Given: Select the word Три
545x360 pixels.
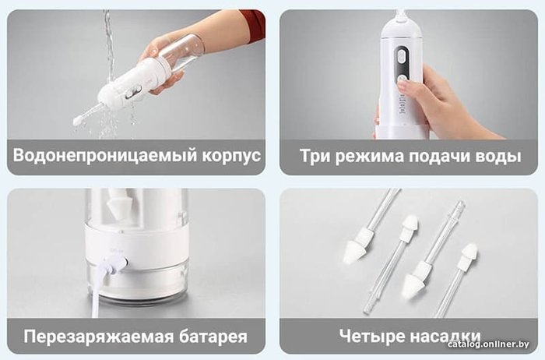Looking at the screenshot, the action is point(315,156).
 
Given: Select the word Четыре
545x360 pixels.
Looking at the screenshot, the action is point(372,337).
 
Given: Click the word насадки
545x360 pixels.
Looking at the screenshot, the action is point(446,336).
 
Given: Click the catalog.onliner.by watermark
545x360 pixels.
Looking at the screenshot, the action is point(488,344).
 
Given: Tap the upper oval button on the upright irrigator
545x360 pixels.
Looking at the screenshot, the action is point(403,56).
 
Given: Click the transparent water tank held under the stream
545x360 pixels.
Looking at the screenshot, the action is point(181,53).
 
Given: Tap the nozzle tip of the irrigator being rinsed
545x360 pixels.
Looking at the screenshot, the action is point(77,121).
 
